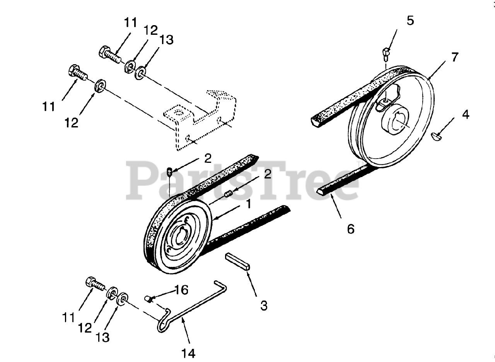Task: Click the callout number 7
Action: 454,58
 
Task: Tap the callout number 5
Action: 410,21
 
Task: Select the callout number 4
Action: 465,114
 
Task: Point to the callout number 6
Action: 350,229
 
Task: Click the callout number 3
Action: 264,306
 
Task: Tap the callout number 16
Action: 182,289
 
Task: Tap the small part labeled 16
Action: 148,298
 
